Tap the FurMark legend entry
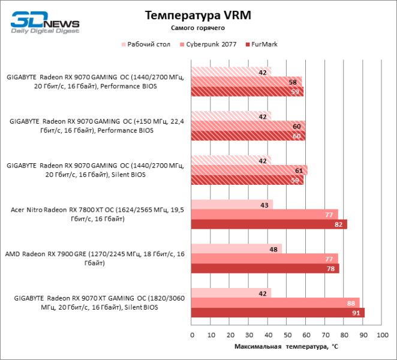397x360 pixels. click(x=261, y=44)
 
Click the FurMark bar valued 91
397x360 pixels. click(x=278, y=313)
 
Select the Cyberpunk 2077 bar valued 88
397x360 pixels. click(x=275, y=303)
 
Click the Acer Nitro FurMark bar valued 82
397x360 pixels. click(x=269, y=224)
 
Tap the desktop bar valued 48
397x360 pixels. click(x=236, y=248)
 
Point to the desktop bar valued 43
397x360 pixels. click(x=231, y=205)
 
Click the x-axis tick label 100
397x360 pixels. click(x=381, y=335)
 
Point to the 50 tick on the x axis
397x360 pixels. click(x=287, y=335)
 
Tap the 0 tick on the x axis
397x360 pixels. click(x=192, y=335)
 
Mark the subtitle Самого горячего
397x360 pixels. click(x=198, y=28)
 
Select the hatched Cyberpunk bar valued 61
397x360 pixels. click(x=249, y=170)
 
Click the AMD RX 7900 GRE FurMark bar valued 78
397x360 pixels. click(x=265, y=268)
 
